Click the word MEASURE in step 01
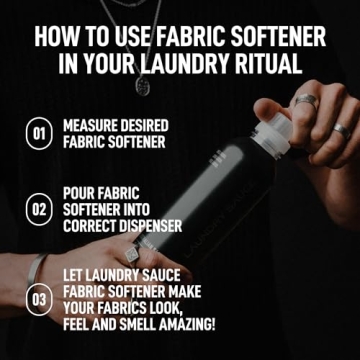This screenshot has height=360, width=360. [95, 125]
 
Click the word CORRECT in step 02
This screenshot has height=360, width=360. [93, 226]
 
